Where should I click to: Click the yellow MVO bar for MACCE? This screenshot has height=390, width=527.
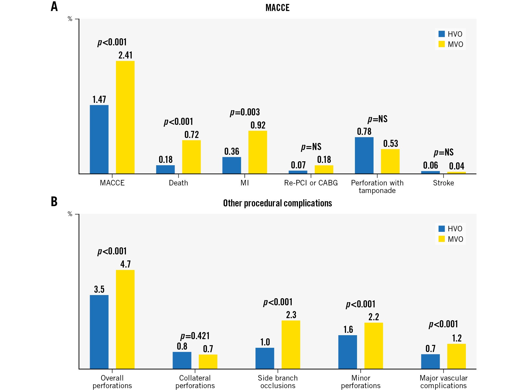125,117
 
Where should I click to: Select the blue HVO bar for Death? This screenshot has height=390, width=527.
165,169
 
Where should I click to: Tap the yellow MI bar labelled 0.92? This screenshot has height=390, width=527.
258,152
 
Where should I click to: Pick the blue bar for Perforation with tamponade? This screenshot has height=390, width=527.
364,155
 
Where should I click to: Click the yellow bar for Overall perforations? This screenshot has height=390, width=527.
125,319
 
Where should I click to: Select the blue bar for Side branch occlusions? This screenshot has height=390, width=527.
265,358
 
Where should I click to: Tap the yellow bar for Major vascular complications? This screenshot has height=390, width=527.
456,356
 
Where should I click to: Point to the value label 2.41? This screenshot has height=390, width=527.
125,55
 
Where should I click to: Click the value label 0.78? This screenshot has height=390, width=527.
364,131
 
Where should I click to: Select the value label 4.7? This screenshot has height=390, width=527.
125,264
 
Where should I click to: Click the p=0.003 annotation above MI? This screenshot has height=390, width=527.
245,112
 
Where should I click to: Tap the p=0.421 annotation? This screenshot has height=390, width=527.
195,336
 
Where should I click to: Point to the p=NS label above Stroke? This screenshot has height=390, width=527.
444,152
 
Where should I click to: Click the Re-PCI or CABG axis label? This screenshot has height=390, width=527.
311,183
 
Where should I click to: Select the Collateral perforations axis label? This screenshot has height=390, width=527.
195,382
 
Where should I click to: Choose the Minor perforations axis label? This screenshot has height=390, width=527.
361,382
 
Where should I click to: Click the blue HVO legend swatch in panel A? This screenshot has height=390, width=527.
441,34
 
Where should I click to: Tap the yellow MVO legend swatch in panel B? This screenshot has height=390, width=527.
441,239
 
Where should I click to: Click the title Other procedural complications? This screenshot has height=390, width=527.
278,203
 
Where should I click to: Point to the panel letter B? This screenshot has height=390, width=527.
54,202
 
